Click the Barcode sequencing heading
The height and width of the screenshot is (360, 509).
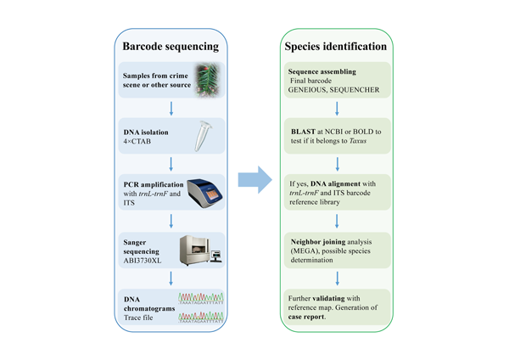[x=171, y=47]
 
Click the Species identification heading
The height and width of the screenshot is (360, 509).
[x=336, y=47]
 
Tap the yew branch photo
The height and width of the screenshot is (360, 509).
[x=208, y=80]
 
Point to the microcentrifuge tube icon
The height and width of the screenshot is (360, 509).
[x=203, y=136]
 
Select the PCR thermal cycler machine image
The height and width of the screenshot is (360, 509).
[x=205, y=193]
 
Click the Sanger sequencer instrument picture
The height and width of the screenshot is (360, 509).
[x=201, y=250]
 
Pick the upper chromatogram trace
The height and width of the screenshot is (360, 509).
[x=201, y=298]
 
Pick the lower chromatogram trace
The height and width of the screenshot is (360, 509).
[x=201, y=317]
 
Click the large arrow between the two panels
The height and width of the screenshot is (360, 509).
[x=255, y=180]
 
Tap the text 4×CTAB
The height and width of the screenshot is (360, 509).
[x=137, y=141]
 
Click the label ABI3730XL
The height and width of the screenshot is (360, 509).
[x=143, y=261]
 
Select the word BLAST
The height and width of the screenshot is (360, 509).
[x=303, y=132]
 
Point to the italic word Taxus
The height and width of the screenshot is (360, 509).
[x=358, y=141]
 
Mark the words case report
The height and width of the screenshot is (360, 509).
[x=307, y=317]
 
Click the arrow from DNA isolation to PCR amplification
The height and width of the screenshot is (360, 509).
[x=171, y=164]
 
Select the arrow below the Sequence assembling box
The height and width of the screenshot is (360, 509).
[x=337, y=109]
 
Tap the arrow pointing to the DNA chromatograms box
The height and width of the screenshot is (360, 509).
[x=171, y=278]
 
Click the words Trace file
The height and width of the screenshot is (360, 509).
[x=138, y=318]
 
